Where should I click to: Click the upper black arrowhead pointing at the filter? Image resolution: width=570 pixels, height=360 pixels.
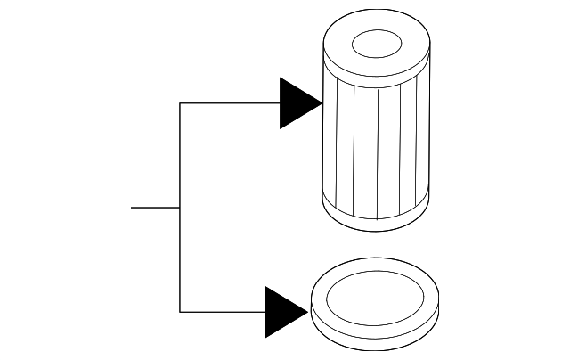point(297,103)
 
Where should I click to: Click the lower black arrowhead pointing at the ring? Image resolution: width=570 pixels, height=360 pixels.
point(283,312)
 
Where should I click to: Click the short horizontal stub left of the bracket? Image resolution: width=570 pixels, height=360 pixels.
point(155,208)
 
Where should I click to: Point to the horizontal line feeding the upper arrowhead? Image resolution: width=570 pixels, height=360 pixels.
point(230,103)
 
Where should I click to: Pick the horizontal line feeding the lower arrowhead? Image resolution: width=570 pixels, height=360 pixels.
point(223,312)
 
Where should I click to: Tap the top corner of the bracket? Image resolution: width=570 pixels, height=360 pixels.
point(180,103)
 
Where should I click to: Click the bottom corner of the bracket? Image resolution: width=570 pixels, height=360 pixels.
point(180,312)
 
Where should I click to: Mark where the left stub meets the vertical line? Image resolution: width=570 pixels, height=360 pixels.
point(180,208)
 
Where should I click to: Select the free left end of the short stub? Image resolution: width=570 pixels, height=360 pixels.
point(132,208)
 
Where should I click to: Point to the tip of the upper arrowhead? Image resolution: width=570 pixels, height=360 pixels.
point(322,103)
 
